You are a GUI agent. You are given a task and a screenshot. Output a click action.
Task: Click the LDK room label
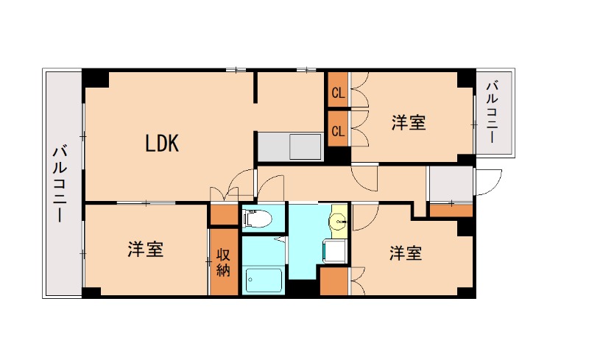point(162,144)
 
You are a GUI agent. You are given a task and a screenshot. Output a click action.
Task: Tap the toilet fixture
point(256,218)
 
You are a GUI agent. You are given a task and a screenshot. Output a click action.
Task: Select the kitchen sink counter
point(290,146)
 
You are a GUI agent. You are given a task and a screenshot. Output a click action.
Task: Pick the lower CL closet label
point(338,131)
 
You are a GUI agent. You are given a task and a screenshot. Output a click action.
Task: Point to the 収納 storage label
point(223,263)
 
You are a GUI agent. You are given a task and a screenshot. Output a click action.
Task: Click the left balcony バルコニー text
point(60,184)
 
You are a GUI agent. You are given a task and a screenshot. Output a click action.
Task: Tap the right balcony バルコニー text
point(492,113)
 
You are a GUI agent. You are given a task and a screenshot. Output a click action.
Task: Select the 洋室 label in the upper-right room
point(408,123)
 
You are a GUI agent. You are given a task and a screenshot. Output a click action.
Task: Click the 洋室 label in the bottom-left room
point(145,250)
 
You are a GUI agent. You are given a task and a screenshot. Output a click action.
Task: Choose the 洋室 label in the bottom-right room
point(406,253)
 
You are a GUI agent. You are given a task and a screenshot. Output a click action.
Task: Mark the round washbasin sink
point(338,219)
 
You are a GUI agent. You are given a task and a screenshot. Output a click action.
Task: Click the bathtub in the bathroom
point(264,280)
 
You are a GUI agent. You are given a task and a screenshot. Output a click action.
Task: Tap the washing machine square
point(334,250)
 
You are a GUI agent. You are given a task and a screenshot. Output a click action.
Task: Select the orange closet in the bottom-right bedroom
point(334,282)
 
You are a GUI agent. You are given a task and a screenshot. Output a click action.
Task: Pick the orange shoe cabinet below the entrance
point(451,211)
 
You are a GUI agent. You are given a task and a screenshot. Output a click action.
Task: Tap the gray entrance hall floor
point(450,183)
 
